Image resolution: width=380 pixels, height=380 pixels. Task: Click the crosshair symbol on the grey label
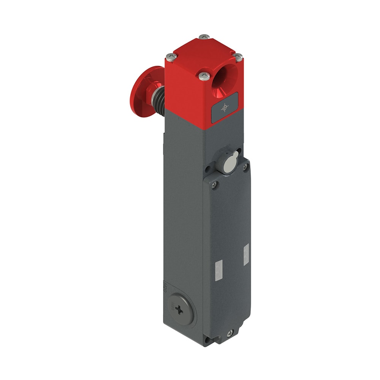tap(225, 108)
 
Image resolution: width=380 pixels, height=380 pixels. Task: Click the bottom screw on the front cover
tap(229, 334)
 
